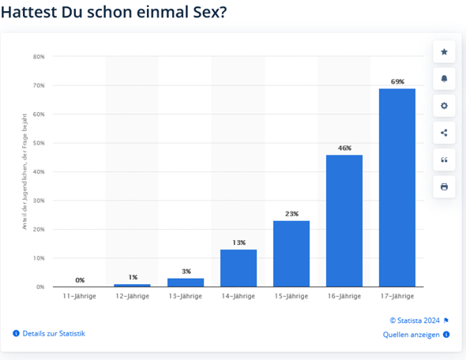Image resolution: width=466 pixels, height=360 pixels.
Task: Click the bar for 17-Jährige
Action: pos(397,187)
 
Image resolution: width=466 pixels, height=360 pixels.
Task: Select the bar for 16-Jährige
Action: pos(344,220)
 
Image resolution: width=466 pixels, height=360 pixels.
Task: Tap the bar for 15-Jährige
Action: pos(291,253)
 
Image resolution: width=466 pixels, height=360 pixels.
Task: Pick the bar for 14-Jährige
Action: pos(239,268)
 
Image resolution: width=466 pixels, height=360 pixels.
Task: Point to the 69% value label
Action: pos(397,81)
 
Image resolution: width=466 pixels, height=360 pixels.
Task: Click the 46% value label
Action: pos(344,148)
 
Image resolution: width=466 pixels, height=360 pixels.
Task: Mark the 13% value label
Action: pos(239,242)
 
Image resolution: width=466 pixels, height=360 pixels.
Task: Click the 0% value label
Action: pos(80,279)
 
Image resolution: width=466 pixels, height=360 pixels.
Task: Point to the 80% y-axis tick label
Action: pos(39,57)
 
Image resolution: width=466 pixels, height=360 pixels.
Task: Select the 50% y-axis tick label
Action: pos(39,143)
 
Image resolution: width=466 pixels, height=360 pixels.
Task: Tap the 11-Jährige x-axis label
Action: pos(80,296)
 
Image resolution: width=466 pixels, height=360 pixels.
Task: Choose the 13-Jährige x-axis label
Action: pos(186,296)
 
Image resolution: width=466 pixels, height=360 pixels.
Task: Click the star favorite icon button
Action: pos(444,52)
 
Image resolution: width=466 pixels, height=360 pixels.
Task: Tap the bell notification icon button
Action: pos(444,79)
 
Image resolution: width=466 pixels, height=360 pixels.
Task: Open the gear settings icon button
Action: pos(444,106)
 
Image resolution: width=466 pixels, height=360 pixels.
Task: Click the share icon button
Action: pos(444,133)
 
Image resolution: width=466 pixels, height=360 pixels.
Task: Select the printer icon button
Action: pos(444,186)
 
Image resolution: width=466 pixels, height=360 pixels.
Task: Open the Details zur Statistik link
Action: pos(53,333)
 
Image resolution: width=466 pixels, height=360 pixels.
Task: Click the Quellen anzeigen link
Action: pos(411,335)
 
